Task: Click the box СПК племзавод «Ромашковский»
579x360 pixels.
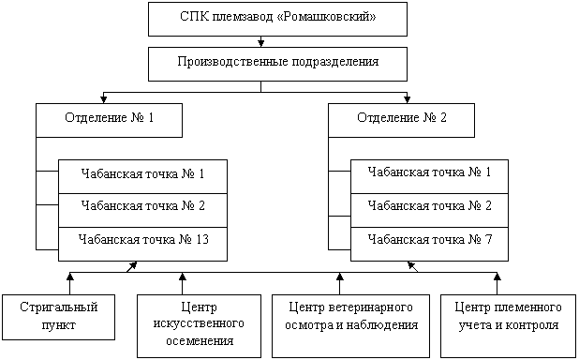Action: click(277, 20)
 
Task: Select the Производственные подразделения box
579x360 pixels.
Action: click(277, 65)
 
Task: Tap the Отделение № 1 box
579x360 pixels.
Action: click(109, 121)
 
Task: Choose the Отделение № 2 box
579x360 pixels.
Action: click(401, 121)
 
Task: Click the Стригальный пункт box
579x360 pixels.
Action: click(58, 317)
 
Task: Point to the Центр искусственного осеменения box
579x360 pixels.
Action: click(199, 326)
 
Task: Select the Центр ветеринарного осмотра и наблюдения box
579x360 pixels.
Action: click(350, 326)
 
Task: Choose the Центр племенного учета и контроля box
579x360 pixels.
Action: click(508, 326)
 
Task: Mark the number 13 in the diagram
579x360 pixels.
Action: click(202, 239)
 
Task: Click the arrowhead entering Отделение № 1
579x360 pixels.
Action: click(103, 99)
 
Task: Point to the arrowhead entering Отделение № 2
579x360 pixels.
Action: click(407, 99)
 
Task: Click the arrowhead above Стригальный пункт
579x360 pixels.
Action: click(69, 277)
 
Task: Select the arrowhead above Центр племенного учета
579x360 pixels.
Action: click(497, 277)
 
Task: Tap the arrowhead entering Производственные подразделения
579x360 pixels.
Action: click(261, 43)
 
